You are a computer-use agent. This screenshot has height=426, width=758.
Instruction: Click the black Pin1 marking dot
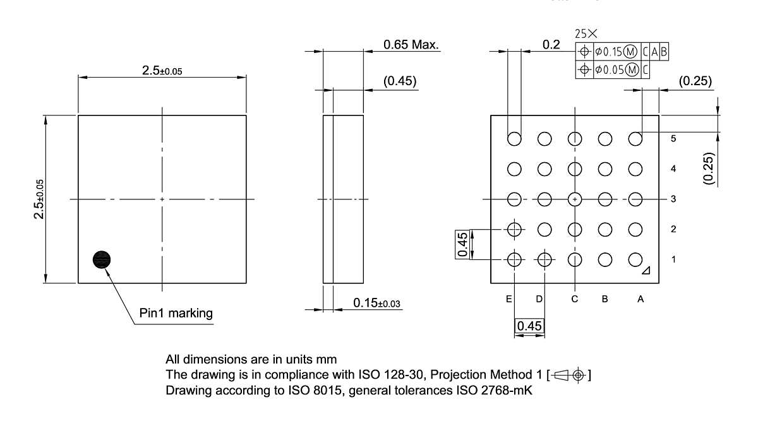tap(102, 259)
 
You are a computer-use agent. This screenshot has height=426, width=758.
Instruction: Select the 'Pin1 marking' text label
tap(176, 313)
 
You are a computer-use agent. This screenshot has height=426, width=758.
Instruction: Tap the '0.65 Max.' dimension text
tap(411, 45)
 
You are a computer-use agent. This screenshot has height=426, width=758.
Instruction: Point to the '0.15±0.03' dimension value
tap(376, 304)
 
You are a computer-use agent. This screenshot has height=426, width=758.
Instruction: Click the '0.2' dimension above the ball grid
tap(551, 44)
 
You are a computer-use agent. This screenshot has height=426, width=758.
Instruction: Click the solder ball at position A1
tap(635, 259)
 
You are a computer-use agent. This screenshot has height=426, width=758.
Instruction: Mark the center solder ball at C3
tap(575, 199)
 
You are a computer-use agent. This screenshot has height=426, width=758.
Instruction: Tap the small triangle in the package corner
tap(646, 271)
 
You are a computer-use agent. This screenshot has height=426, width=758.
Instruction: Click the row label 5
tap(673, 139)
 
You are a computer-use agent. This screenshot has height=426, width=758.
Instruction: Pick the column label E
tap(508, 299)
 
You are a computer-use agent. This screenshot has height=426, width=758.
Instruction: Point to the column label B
tap(605, 299)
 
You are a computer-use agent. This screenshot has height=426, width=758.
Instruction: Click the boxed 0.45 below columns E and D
tap(529, 326)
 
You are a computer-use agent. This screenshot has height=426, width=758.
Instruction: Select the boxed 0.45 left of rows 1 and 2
tap(462, 244)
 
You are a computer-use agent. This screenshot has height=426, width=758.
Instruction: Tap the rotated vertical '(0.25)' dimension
tap(710, 169)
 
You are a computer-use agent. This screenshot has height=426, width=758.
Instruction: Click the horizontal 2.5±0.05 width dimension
tap(162, 71)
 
